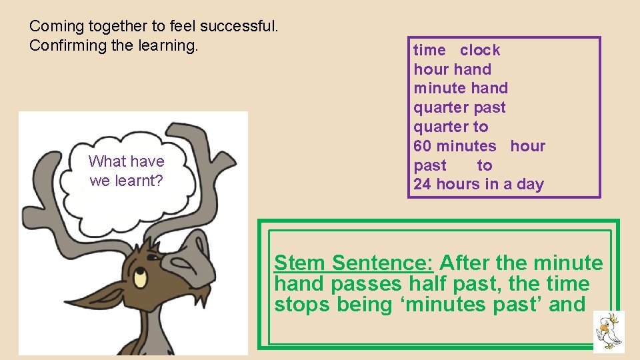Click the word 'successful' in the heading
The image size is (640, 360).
241,27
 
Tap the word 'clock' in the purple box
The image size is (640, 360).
479,50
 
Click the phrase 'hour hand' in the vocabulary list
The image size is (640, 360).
452,69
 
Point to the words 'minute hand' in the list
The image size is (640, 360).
461,88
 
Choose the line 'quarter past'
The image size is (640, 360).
459,107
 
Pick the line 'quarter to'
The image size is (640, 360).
451,127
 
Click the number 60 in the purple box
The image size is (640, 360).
422,146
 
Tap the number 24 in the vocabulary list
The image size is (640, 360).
422,185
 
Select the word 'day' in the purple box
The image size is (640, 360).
530,185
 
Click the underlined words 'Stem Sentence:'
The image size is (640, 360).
354,263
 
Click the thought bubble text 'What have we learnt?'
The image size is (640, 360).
126,171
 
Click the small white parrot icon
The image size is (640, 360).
609,331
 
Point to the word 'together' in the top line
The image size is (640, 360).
119,27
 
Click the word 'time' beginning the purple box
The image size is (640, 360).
429,50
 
